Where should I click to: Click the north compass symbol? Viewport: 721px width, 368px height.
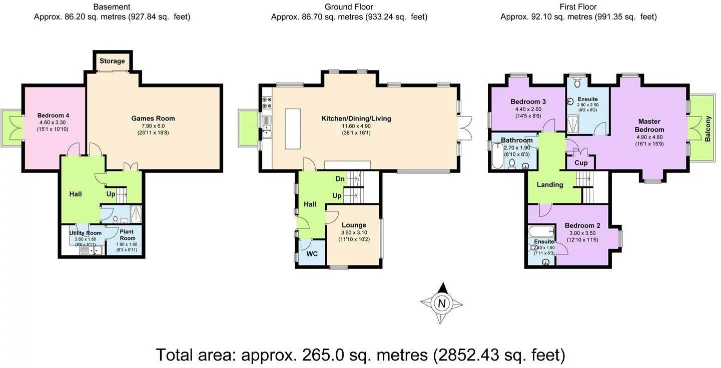441,303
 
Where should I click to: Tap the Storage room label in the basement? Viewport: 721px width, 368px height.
112,61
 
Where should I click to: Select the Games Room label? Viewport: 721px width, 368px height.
153,118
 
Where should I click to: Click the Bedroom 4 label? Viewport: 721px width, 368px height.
52,115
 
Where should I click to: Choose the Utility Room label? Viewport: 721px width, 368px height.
85,233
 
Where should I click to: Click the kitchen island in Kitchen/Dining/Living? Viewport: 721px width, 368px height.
293,128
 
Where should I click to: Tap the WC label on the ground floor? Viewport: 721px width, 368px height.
312,253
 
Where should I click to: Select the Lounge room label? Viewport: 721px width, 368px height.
354,225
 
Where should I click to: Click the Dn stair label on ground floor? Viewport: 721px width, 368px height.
340,178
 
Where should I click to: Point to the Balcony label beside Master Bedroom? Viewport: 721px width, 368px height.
707,128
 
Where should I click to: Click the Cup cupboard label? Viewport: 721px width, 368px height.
581,163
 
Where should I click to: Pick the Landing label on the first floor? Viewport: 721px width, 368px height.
550,184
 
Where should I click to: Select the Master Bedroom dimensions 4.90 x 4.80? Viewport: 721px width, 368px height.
649,137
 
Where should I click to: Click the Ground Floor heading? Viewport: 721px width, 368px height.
349,6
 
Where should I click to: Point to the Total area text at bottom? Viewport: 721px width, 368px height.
360,354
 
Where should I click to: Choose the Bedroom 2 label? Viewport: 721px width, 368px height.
582,225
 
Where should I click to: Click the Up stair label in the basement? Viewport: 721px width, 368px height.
111,193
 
